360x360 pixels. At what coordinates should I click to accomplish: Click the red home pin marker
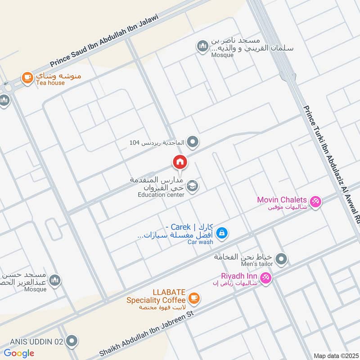(x=180, y=162)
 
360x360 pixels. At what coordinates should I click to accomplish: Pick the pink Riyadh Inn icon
(x=266, y=279)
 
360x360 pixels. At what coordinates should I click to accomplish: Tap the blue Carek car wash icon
(x=221, y=233)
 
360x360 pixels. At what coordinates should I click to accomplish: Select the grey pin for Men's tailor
(x=282, y=259)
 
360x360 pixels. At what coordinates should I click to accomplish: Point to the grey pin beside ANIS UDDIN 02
(x=71, y=342)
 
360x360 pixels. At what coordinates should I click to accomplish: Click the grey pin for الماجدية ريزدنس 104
(x=193, y=143)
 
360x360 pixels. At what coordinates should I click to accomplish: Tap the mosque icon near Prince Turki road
(x=202, y=46)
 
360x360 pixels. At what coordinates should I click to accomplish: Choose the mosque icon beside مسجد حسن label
(x=55, y=281)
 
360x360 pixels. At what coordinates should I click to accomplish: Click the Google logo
(x=19, y=353)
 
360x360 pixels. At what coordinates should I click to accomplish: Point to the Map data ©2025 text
(x=335, y=356)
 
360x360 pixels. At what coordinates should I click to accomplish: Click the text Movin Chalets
(x=282, y=199)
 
